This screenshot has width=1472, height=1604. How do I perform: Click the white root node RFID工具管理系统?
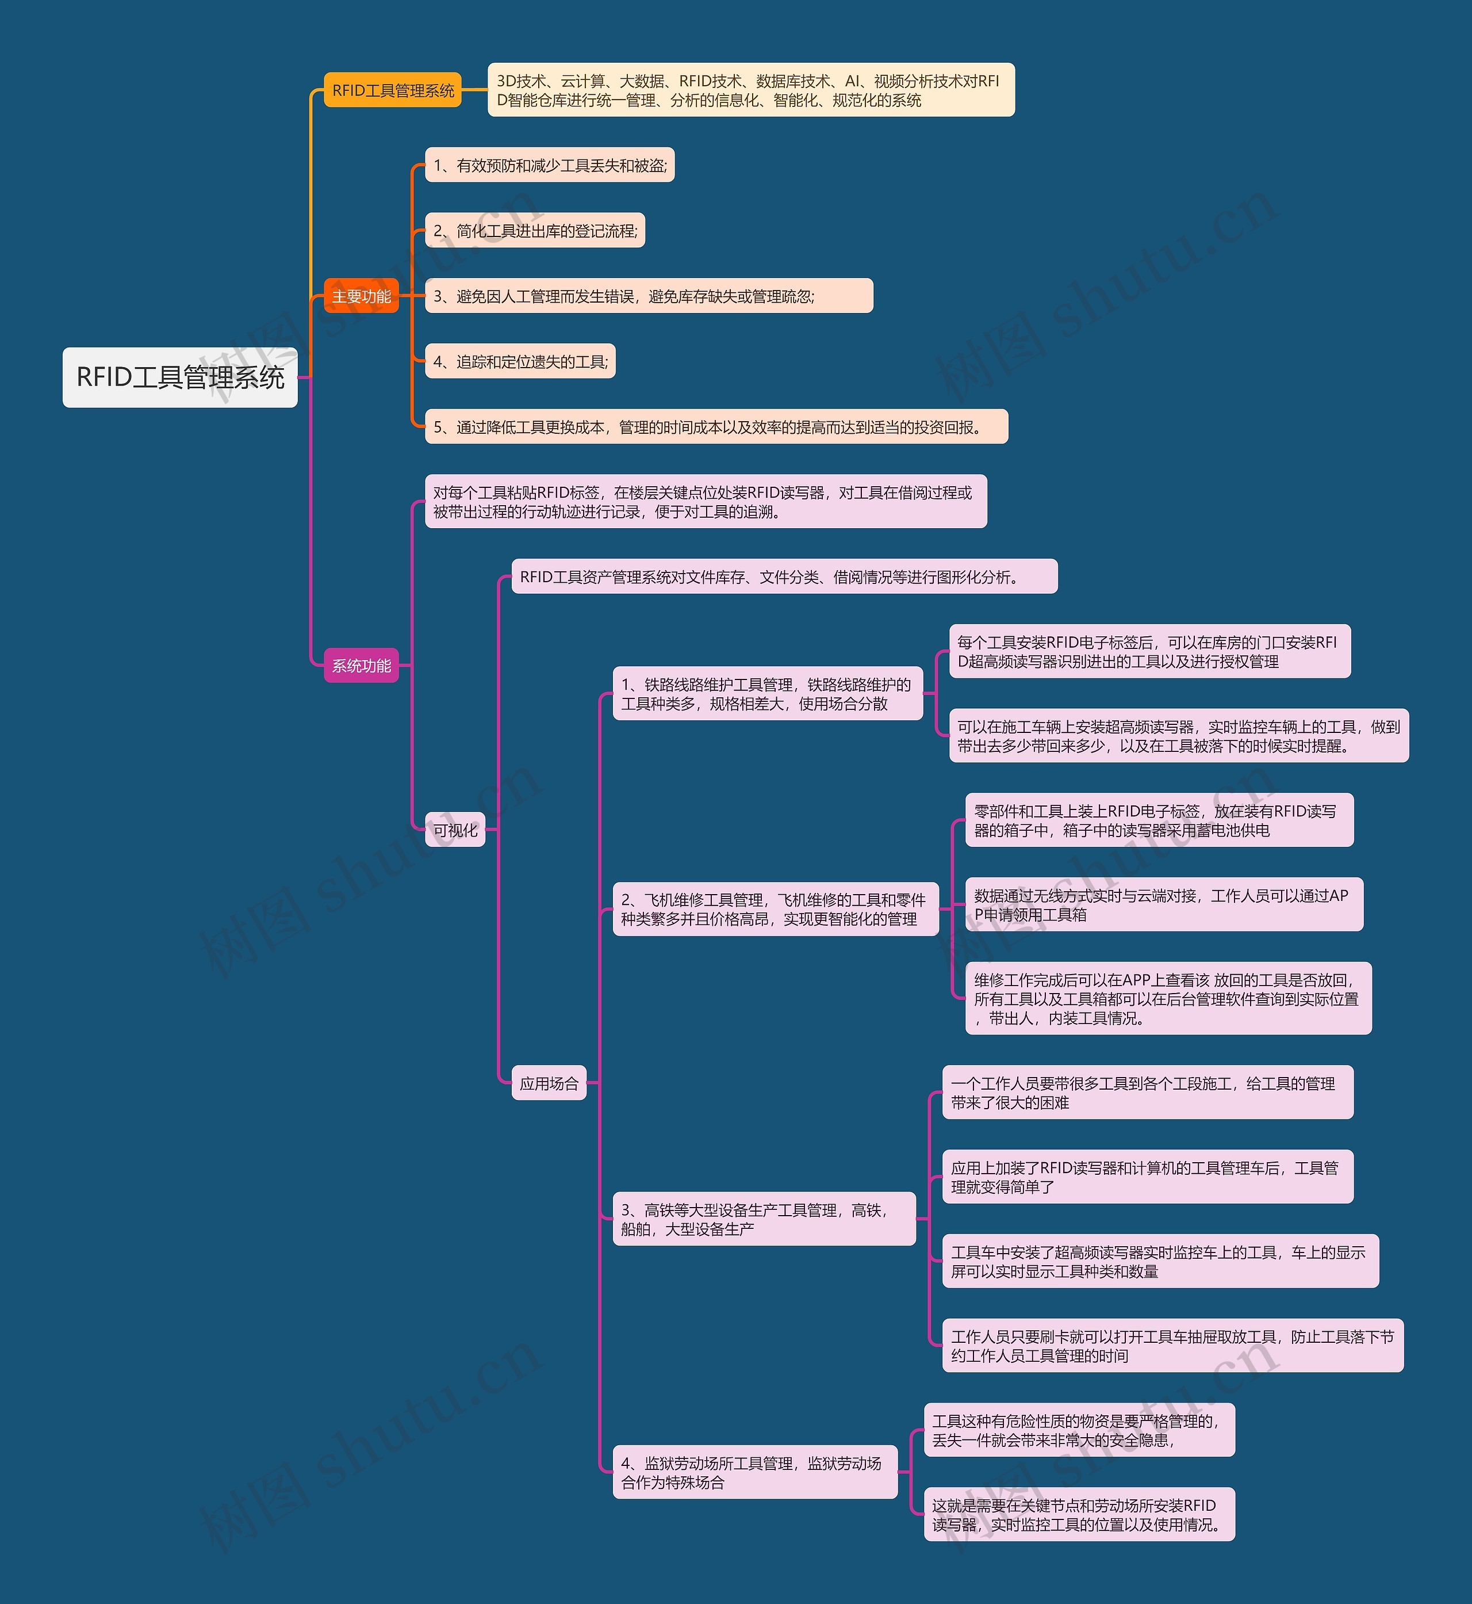pos(180,377)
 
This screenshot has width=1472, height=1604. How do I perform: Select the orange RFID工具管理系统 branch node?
pos(393,90)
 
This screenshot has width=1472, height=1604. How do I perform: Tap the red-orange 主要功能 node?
pos(361,296)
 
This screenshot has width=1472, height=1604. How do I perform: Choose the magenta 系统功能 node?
pos(361,665)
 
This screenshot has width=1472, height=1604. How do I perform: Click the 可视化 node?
pos(455,830)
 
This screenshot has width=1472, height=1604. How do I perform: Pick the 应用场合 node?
pos(549,1083)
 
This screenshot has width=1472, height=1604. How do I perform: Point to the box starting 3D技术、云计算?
pos(750,90)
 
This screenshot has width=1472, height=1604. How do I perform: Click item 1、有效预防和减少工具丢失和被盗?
pos(550,165)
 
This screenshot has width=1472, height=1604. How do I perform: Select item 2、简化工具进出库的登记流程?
pos(535,230)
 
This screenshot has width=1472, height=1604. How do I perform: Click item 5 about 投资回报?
pos(716,427)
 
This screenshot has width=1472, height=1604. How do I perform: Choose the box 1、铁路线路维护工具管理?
pos(767,693)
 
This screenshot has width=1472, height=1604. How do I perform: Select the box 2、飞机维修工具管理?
pos(775,909)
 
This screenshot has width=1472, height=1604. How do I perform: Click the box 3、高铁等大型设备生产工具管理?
pos(764,1219)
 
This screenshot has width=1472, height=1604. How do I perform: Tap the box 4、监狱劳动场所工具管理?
pos(754,1472)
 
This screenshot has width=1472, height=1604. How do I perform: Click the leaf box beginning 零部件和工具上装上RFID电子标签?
pos(1159,820)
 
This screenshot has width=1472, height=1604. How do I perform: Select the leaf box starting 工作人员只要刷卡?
pos(1172,1346)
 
